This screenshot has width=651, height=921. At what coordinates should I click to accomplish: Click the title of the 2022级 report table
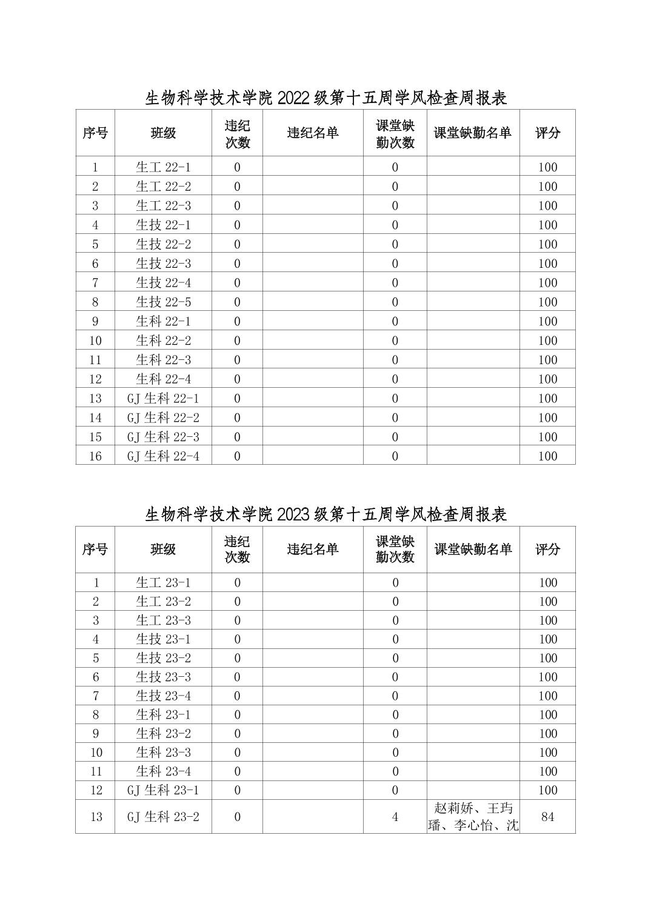(x=326, y=98)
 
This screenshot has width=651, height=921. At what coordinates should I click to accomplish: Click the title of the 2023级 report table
(x=326, y=514)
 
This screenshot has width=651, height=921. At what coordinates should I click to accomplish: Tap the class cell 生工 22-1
(x=163, y=167)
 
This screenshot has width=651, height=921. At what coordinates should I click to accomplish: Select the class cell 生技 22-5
(x=163, y=302)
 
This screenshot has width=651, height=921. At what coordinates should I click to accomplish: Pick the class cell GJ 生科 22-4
(x=163, y=456)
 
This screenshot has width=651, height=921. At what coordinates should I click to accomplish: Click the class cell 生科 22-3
(x=163, y=360)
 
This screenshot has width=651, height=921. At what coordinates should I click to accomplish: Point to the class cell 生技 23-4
(x=163, y=696)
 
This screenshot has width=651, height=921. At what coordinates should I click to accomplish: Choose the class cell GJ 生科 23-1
(x=163, y=790)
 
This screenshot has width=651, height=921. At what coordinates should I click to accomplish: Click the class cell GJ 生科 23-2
(x=163, y=817)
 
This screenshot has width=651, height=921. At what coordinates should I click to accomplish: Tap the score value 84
(x=547, y=817)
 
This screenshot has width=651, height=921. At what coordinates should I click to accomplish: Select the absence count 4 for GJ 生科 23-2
(x=395, y=817)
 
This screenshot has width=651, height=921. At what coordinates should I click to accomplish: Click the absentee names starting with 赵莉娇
(x=473, y=817)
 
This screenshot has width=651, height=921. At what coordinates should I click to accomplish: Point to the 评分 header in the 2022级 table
(x=547, y=133)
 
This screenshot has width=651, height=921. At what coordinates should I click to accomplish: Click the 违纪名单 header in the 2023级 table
(x=313, y=549)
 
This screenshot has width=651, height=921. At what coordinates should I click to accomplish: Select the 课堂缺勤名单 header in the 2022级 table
(x=473, y=133)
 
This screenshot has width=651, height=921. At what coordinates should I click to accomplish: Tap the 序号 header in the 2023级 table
(x=95, y=549)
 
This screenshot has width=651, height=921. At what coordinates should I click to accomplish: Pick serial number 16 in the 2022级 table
(x=95, y=456)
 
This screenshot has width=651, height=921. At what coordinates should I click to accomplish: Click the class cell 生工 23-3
(x=163, y=620)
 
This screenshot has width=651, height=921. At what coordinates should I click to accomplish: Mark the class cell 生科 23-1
(x=163, y=714)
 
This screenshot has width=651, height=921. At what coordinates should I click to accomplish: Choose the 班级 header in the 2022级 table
(x=163, y=133)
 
